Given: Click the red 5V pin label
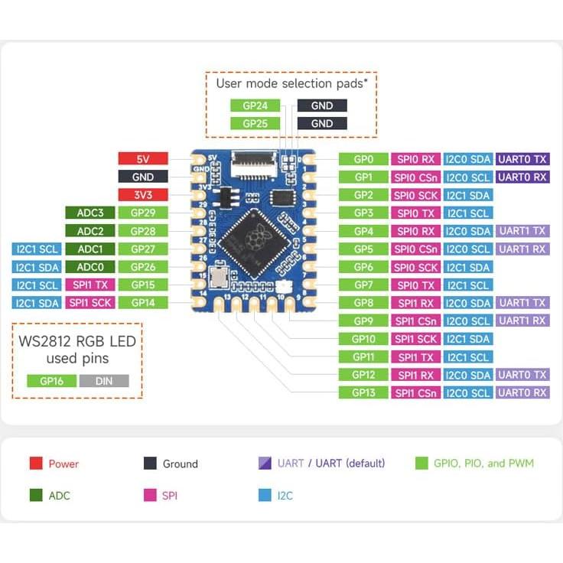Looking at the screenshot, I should click(142, 159).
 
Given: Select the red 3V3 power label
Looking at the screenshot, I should click(142, 194).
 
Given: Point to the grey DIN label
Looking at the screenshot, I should click(101, 380).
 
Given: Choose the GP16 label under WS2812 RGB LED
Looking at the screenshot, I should click(51, 380).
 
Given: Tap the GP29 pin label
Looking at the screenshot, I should click(142, 213).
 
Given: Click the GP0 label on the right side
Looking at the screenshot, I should click(363, 159).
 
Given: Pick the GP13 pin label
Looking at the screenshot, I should click(363, 393).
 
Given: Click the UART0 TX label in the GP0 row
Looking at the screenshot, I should click(522, 159).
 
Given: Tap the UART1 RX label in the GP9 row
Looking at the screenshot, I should click(522, 321).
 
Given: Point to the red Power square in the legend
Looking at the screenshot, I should click(36, 463).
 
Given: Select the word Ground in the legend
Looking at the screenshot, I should click(180, 464).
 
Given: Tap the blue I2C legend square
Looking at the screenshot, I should click(265, 495).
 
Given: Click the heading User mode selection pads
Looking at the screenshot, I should click(291, 83).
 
